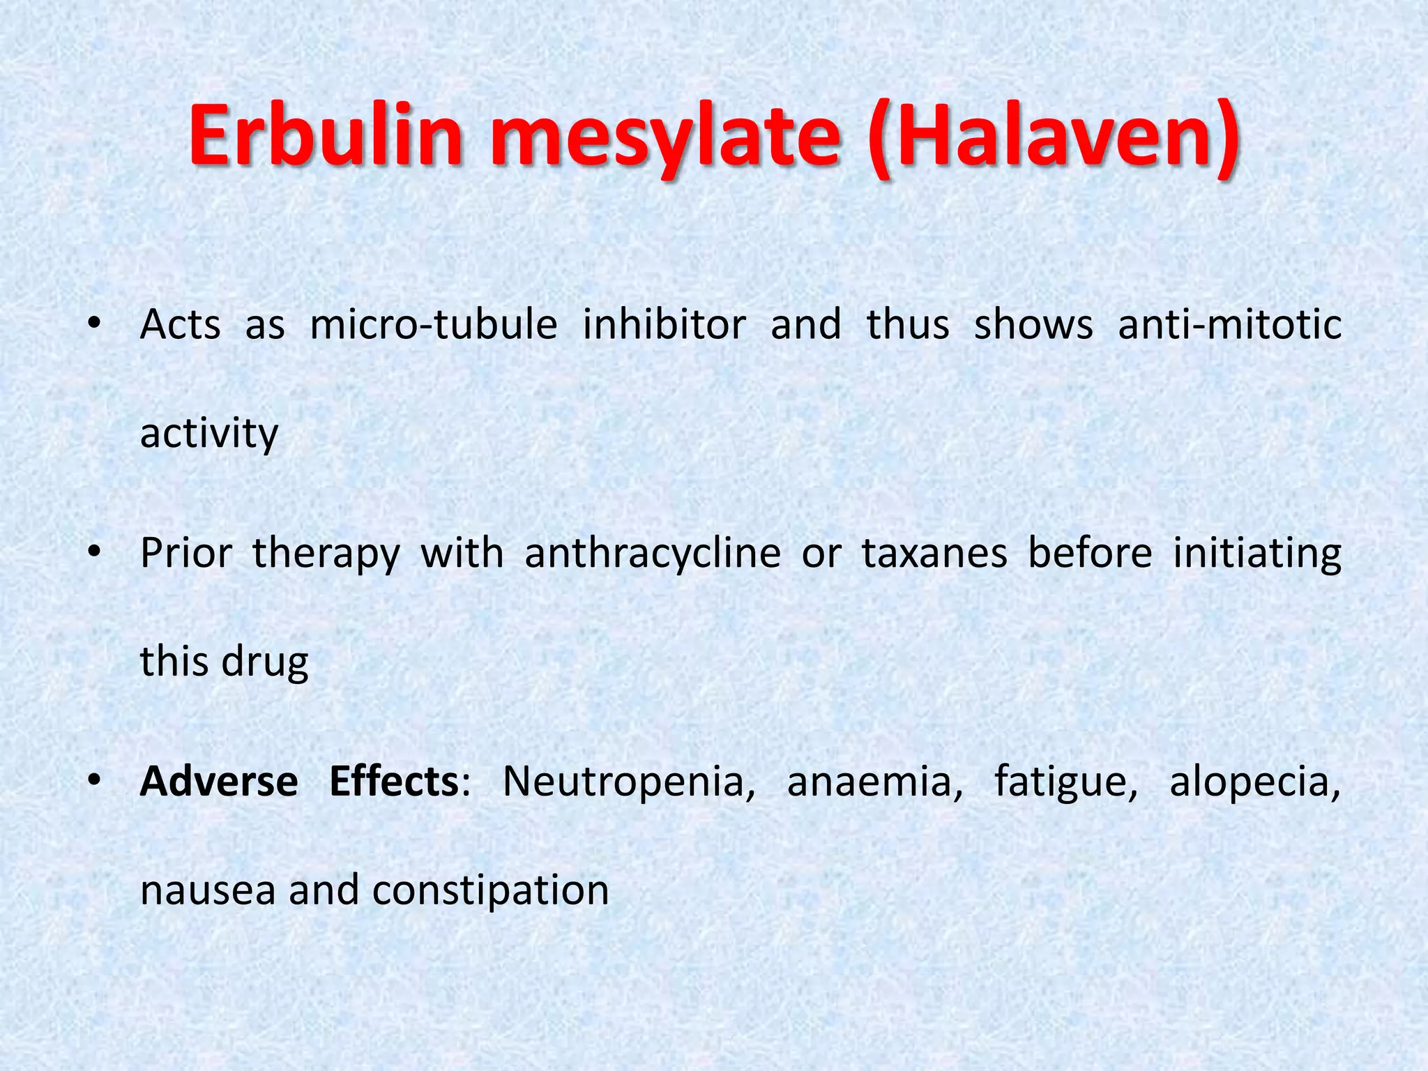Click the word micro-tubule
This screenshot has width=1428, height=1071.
tap(434, 325)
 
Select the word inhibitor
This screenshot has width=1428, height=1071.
tap(664, 325)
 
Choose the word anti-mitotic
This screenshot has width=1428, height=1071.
tap(1229, 325)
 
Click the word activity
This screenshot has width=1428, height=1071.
tap(209, 434)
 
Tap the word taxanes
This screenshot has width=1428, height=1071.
tap(934, 554)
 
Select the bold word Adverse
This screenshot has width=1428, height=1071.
tap(219, 781)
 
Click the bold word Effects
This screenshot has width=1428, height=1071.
tap(393, 781)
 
